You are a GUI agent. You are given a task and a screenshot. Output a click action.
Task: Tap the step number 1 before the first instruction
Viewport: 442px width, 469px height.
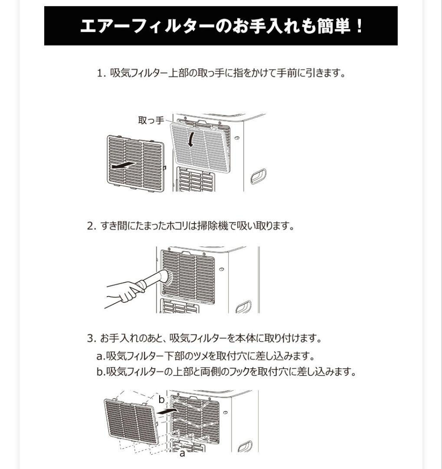pos(101,73)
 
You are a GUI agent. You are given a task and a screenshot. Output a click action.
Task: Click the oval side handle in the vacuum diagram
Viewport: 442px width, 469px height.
pos(243,307)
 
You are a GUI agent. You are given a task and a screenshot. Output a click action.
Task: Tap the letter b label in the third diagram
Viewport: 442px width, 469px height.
pos(161,399)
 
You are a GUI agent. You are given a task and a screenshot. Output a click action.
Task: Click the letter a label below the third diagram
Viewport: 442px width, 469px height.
pos(182,454)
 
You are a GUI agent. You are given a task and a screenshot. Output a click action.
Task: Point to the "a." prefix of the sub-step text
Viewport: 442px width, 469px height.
pos(101,357)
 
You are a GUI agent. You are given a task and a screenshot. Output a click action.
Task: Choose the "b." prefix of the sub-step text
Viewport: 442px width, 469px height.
pos(101,372)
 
